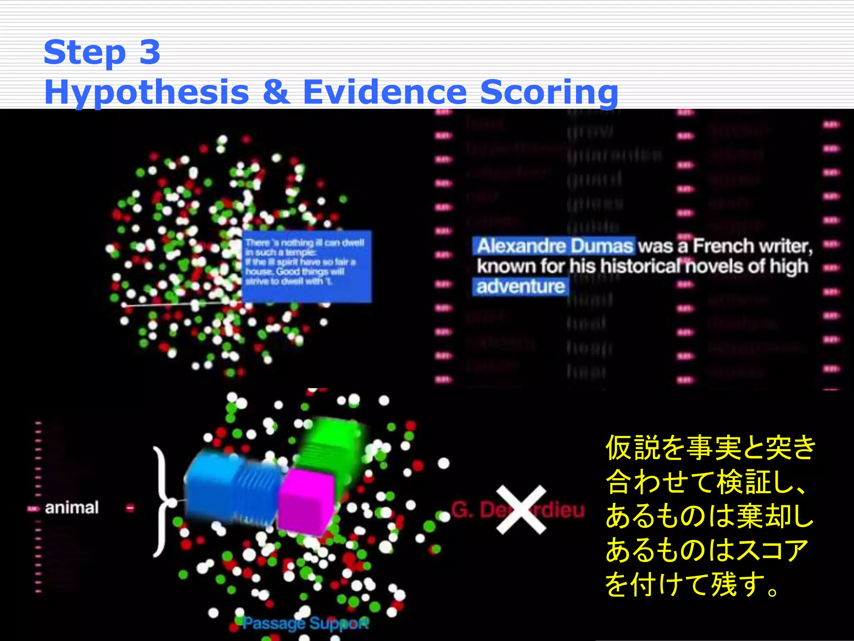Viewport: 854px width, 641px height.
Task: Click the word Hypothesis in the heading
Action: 146,92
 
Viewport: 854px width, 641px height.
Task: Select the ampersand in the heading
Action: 276,92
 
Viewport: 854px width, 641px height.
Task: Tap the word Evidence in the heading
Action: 384,92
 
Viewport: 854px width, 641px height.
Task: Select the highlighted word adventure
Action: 520,287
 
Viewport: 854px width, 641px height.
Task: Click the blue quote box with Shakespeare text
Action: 306,266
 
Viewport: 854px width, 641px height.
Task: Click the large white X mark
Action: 521,510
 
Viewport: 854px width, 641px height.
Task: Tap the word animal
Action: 72,508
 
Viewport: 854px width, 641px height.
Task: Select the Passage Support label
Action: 306,623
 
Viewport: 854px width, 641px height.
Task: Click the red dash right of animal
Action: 130,508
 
